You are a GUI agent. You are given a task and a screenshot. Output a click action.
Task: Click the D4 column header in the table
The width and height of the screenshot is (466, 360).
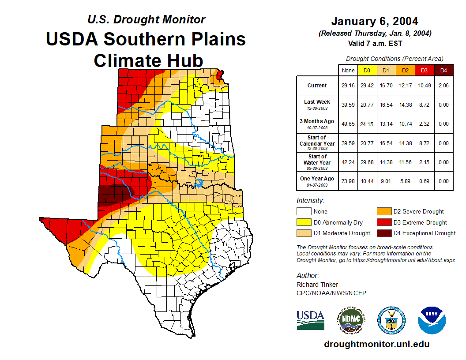443,70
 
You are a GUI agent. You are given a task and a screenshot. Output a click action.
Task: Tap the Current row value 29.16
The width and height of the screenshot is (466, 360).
348,86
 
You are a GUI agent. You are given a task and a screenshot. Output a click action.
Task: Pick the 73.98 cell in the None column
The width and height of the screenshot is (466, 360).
348,181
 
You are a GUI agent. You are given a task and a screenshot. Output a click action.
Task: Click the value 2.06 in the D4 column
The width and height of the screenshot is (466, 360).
443,86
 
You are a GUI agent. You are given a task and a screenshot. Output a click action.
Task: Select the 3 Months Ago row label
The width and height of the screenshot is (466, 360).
317,124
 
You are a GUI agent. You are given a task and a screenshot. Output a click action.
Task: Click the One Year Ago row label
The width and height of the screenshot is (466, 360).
317,181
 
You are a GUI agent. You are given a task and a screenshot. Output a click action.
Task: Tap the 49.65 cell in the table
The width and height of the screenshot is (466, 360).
348,124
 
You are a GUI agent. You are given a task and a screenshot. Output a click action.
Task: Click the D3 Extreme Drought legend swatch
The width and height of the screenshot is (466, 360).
383,222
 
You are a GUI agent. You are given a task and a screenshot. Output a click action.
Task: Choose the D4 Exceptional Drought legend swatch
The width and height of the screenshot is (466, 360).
383,233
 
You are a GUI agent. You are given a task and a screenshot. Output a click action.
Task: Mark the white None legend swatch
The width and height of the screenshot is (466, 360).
304,212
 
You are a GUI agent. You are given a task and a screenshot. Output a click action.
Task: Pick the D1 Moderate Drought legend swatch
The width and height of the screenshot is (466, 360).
304,233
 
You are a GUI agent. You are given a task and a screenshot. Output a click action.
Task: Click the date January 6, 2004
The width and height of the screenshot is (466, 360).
375,21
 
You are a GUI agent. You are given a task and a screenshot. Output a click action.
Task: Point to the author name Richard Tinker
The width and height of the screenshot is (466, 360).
317,285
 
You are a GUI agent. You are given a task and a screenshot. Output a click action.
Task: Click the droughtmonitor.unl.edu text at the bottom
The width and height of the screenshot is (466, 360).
376,344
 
